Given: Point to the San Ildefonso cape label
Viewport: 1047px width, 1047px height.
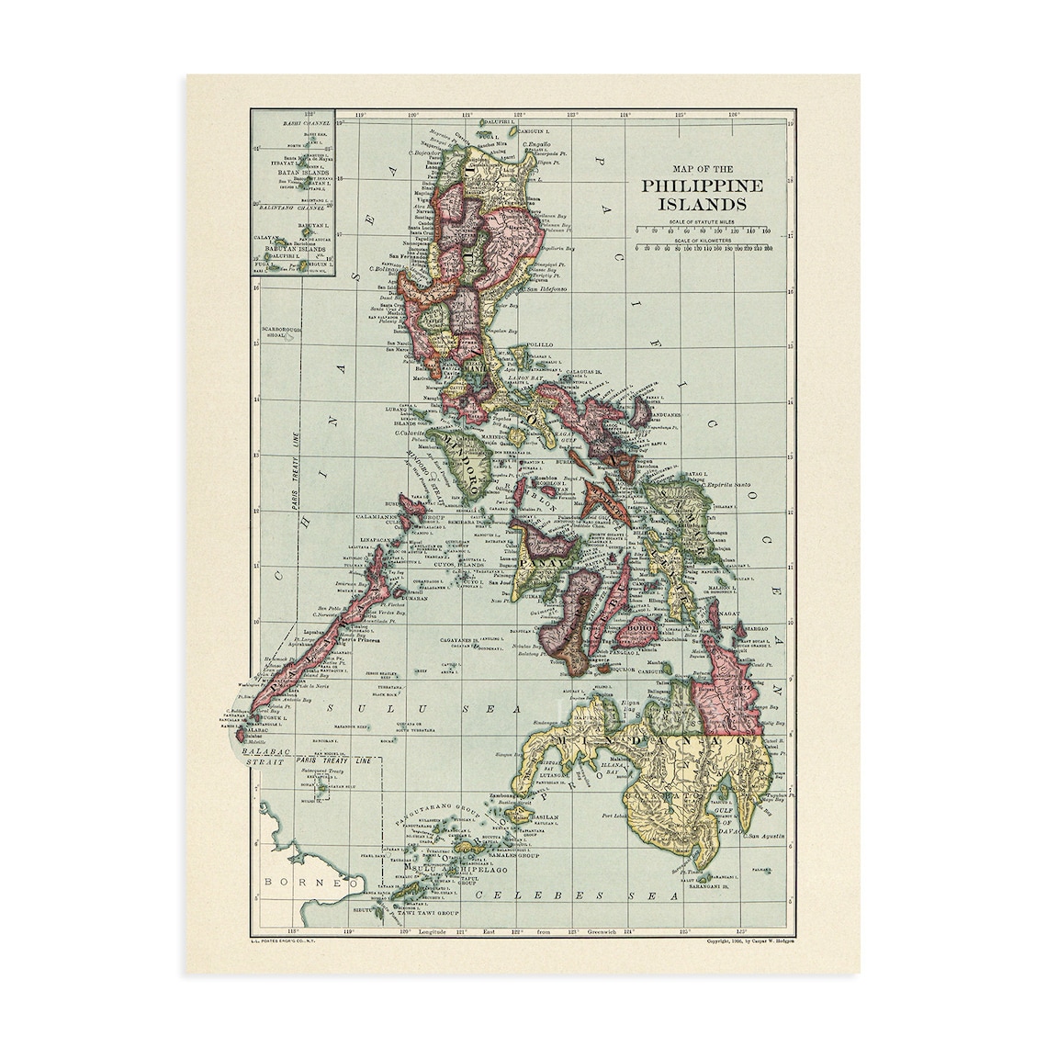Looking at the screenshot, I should click(x=545, y=288).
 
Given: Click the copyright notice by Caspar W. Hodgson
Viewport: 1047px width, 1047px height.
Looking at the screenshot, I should click(x=749, y=940).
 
